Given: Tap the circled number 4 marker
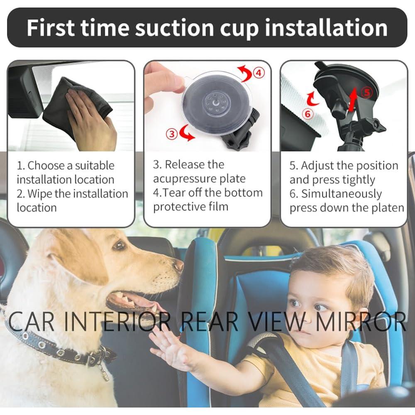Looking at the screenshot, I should (x=259, y=73).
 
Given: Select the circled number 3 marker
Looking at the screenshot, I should (x=172, y=133).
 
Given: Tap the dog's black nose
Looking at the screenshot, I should (x=178, y=265).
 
